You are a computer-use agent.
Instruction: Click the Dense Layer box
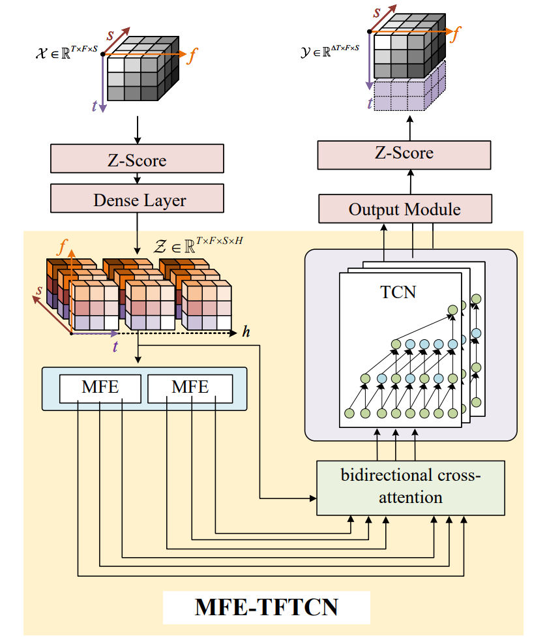coord(137,200)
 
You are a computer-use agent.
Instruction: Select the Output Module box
coord(404,209)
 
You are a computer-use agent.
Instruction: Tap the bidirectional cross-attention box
coord(410,487)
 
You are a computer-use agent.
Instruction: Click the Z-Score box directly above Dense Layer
coord(137,160)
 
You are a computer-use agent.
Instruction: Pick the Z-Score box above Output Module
coord(404,153)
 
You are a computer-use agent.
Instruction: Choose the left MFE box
coord(100,387)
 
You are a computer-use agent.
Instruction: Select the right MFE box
coord(190,387)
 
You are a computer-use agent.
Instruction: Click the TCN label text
coord(398,292)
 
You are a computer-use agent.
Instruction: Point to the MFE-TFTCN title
coord(266,607)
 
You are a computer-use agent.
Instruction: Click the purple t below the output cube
coord(371,102)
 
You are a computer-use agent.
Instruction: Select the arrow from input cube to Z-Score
coord(137,130)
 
